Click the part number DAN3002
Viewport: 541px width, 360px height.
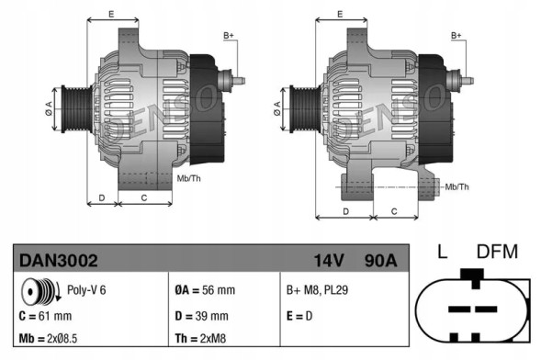pyautogui.click(x=59, y=261)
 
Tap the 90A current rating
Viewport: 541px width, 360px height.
pyautogui.click(x=378, y=261)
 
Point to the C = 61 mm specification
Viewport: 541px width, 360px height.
pyautogui.click(x=45, y=315)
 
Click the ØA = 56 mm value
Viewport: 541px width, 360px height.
pyautogui.click(x=205, y=289)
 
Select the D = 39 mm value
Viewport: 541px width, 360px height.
pyautogui.click(x=202, y=315)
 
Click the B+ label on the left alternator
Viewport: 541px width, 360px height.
pyautogui.click(x=229, y=35)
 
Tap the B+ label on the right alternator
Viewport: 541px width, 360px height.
pyautogui.click(x=456, y=35)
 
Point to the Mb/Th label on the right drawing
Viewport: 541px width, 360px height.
pyautogui.click(x=456, y=187)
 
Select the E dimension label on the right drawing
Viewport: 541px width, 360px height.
pyautogui.click(x=339, y=13)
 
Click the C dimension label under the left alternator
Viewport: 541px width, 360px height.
pyautogui.click(x=144, y=197)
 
